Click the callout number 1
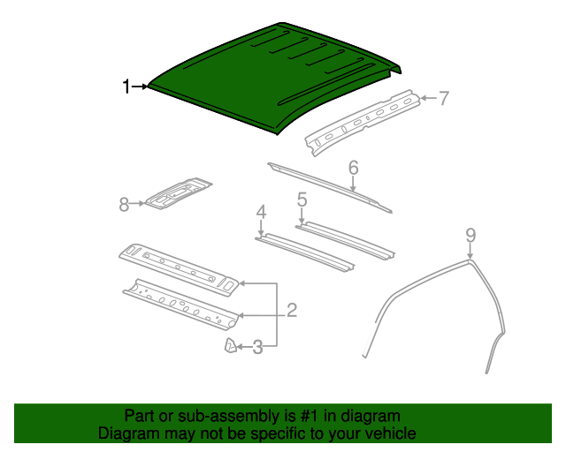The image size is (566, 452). [x=126, y=86]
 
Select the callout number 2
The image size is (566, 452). [x=291, y=310]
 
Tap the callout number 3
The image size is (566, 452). [x=257, y=348]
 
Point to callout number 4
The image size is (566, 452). [x=261, y=211]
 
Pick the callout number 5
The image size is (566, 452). [x=302, y=200]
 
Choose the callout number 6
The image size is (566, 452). [x=353, y=167]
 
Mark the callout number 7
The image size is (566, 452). [x=443, y=98]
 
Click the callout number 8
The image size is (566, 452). [x=124, y=205]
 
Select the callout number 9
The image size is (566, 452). [x=470, y=234]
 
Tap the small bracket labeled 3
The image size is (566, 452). [x=228, y=346]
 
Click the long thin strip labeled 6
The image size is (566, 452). [x=327, y=185]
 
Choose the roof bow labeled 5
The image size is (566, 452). [x=345, y=239]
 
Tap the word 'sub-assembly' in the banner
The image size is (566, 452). [x=240, y=416]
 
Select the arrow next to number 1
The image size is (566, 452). [x=141, y=86]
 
